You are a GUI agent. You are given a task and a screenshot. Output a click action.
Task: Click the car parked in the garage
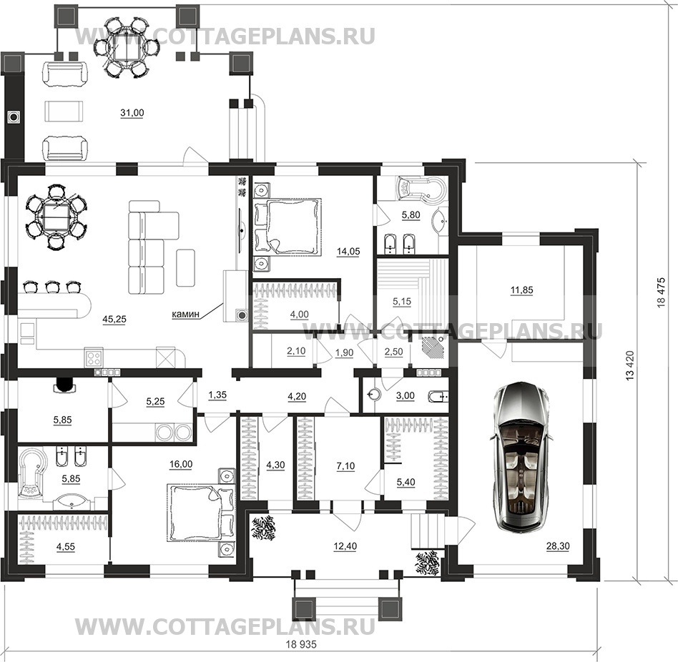[522, 456]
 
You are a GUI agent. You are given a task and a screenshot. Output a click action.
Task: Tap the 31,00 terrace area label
[132, 113]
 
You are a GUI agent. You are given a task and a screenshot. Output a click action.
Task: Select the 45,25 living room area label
[114, 319]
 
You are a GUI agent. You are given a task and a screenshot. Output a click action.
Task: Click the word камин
[185, 314]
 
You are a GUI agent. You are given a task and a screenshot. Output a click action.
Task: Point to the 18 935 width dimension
[301, 644]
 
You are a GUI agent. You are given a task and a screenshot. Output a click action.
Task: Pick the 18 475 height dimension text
[661, 292]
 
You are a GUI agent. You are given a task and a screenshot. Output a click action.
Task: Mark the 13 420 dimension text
[630, 365]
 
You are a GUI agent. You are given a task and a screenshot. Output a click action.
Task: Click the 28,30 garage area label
[558, 546]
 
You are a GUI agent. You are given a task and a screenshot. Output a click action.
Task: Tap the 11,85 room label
[521, 290]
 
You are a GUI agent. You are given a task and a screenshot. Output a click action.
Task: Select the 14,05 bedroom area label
[348, 251]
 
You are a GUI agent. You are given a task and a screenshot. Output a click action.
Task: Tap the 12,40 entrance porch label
[345, 546]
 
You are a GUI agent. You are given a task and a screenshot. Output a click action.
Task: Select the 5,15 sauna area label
[402, 301]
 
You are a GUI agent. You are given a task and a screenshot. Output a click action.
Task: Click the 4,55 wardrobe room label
[65, 547]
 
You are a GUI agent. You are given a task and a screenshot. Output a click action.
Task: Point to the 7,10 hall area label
[345, 466]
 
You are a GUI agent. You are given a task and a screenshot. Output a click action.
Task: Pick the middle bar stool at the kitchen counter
[52, 286]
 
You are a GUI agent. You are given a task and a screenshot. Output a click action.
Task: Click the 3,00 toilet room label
[406, 395]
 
